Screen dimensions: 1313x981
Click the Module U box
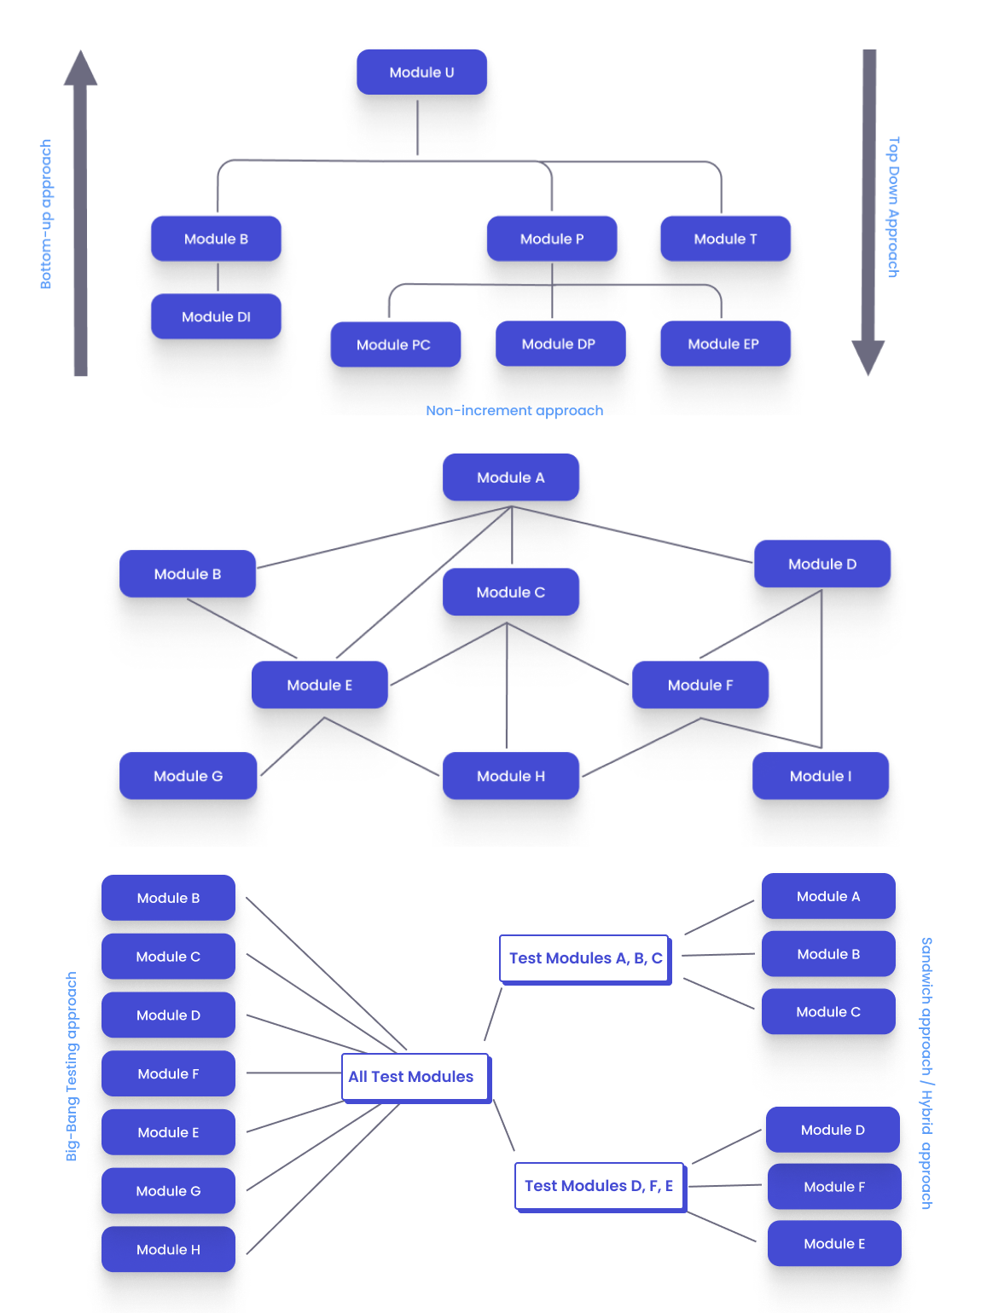coord(421,72)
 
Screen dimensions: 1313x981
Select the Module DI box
coord(216,316)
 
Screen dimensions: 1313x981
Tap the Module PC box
coord(395,344)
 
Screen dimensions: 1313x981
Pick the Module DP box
coord(560,344)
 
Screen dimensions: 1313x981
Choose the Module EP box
coord(724,344)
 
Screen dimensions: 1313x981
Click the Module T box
coord(725,239)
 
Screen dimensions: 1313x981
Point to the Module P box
coord(552,239)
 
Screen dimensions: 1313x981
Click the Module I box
coord(820,776)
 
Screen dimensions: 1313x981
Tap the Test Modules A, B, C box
coord(584,958)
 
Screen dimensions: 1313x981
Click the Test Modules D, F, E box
coord(599,1186)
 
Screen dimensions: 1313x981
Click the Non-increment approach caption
coord(514,411)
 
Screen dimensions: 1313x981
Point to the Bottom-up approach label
coord(46,214)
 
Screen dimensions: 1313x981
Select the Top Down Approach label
coord(893,207)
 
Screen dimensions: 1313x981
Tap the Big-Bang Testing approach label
coord(72,1066)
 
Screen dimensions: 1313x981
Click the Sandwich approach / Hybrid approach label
coord(926,1073)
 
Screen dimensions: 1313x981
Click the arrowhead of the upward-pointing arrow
coord(80,69)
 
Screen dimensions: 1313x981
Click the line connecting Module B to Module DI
coord(218,277)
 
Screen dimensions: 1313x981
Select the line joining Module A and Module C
coord(512,537)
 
